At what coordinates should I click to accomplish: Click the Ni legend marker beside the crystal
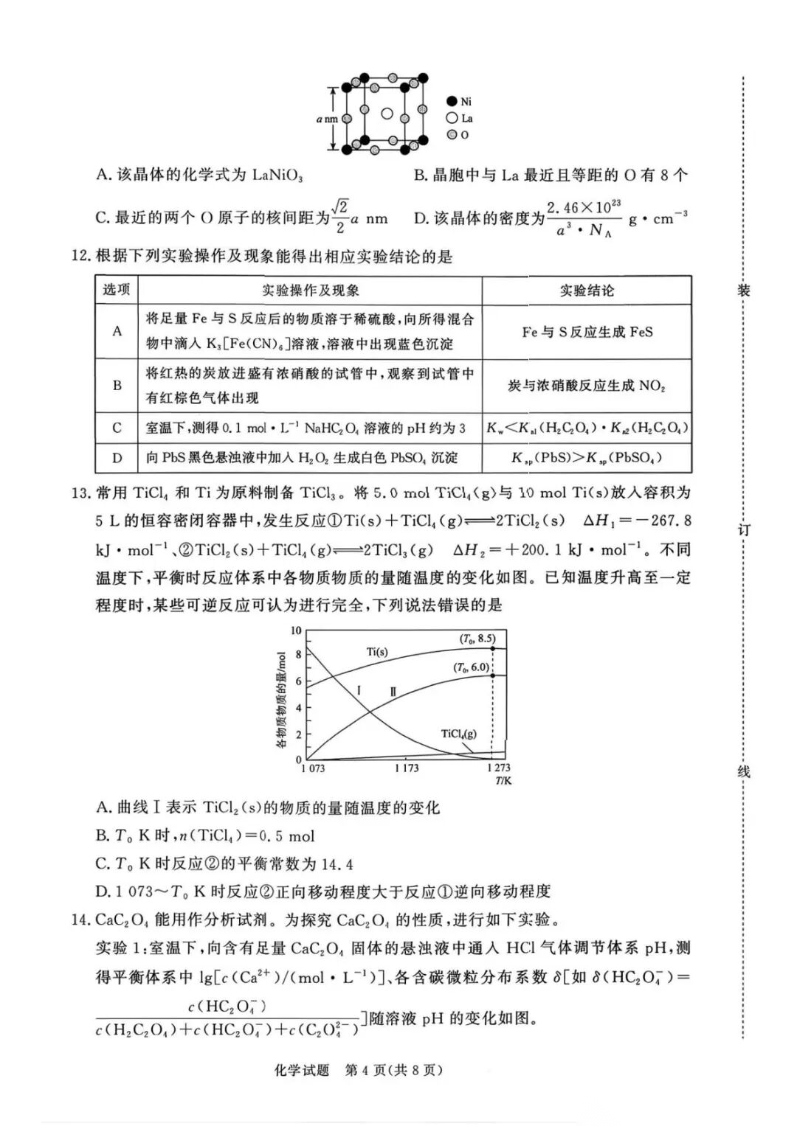(452, 102)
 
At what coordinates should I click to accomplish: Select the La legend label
(466, 118)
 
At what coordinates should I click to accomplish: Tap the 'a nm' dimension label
(327, 119)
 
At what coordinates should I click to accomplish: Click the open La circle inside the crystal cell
(387, 114)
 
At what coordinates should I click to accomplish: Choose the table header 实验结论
(587, 291)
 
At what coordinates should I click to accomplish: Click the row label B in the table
(117, 385)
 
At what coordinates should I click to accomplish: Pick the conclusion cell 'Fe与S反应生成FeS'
(587, 332)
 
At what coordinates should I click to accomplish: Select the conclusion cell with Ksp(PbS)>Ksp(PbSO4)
(587, 458)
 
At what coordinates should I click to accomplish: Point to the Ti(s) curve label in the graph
(377, 652)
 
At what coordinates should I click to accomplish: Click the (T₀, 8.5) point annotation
(477, 639)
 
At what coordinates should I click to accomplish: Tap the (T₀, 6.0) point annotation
(471, 667)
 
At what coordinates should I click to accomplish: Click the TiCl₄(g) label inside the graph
(458, 734)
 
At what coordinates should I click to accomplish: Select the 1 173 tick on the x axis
(406, 768)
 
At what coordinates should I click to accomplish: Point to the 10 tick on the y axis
(296, 630)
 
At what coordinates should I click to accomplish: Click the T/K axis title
(503, 780)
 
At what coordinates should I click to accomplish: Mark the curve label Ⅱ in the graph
(393, 692)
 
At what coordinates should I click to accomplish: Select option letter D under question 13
(103, 892)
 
